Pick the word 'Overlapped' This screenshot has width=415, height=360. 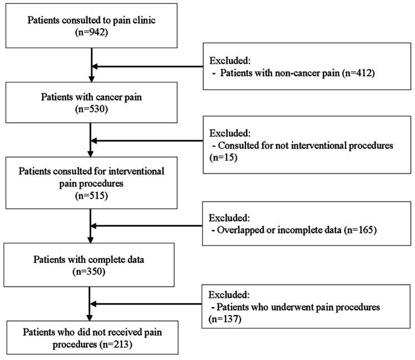[x=239, y=228]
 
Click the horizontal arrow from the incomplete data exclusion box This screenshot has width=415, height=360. [x=147, y=226]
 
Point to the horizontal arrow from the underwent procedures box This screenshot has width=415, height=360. [x=147, y=304]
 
